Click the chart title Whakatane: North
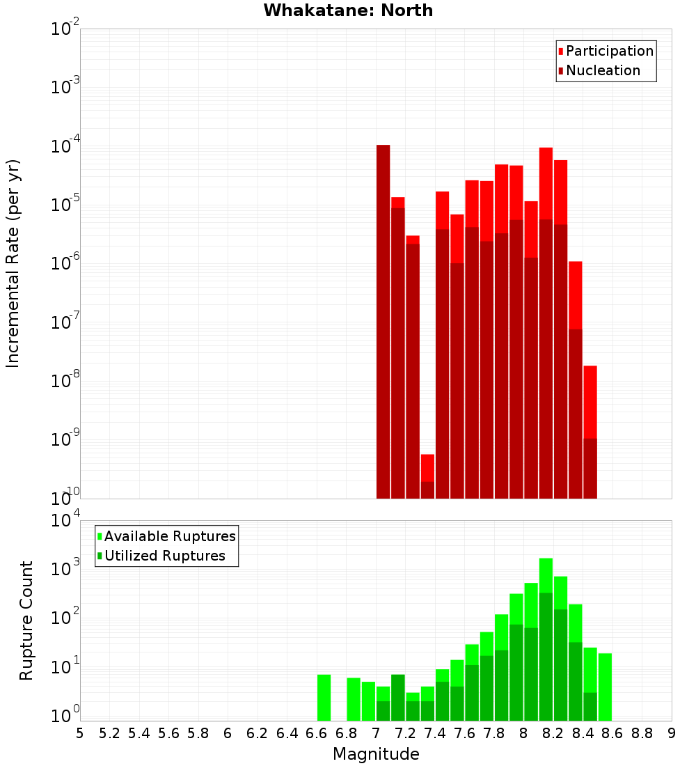tap(348, 10)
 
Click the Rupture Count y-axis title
tap(26, 620)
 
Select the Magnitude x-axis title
tap(376, 754)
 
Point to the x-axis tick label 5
tap(80, 733)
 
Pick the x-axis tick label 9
tap(671, 733)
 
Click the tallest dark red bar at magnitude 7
tap(383, 320)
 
